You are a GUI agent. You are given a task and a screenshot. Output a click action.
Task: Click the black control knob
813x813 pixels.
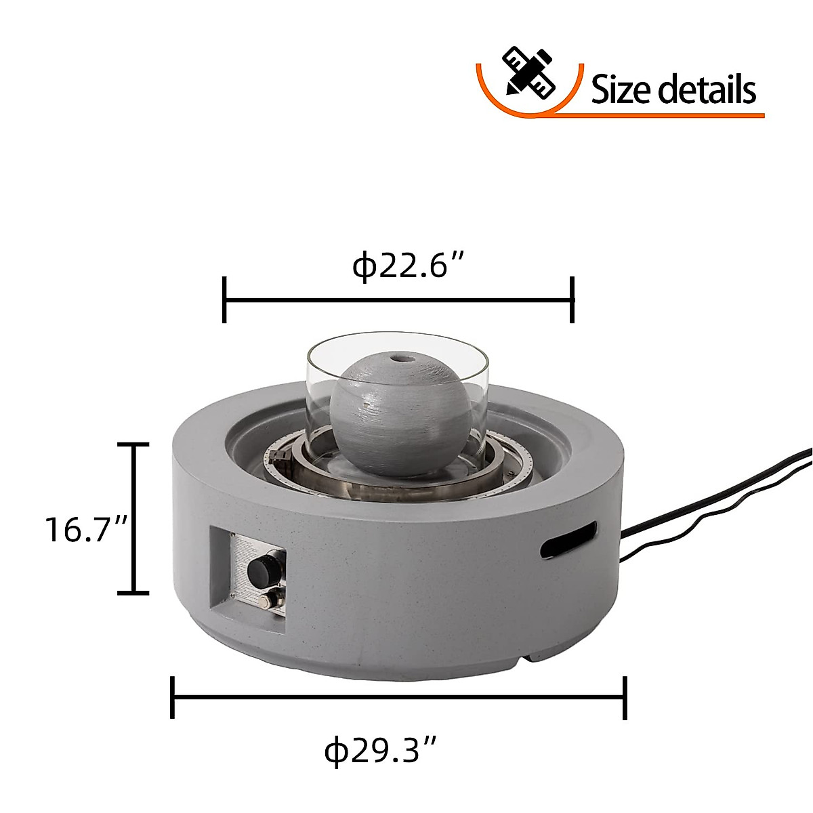pyautogui.click(x=259, y=573)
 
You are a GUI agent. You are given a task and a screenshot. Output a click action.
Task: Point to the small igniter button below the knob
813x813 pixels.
pyautogui.click(x=274, y=600)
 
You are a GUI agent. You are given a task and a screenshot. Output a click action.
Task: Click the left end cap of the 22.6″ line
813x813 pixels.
pyautogui.click(x=224, y=299)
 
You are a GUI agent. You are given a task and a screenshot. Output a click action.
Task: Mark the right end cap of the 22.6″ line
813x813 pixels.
pyautogui.click(x=573, y=299)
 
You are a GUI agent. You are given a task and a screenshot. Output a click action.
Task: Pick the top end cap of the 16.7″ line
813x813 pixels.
pyautogui.click(x=133, y=445)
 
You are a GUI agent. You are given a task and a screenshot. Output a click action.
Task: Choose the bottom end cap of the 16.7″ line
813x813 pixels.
pyautogui.click(x=133, y=593)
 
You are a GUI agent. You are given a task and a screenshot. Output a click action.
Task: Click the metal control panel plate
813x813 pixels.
pyautogui.click(x=257, y=576)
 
